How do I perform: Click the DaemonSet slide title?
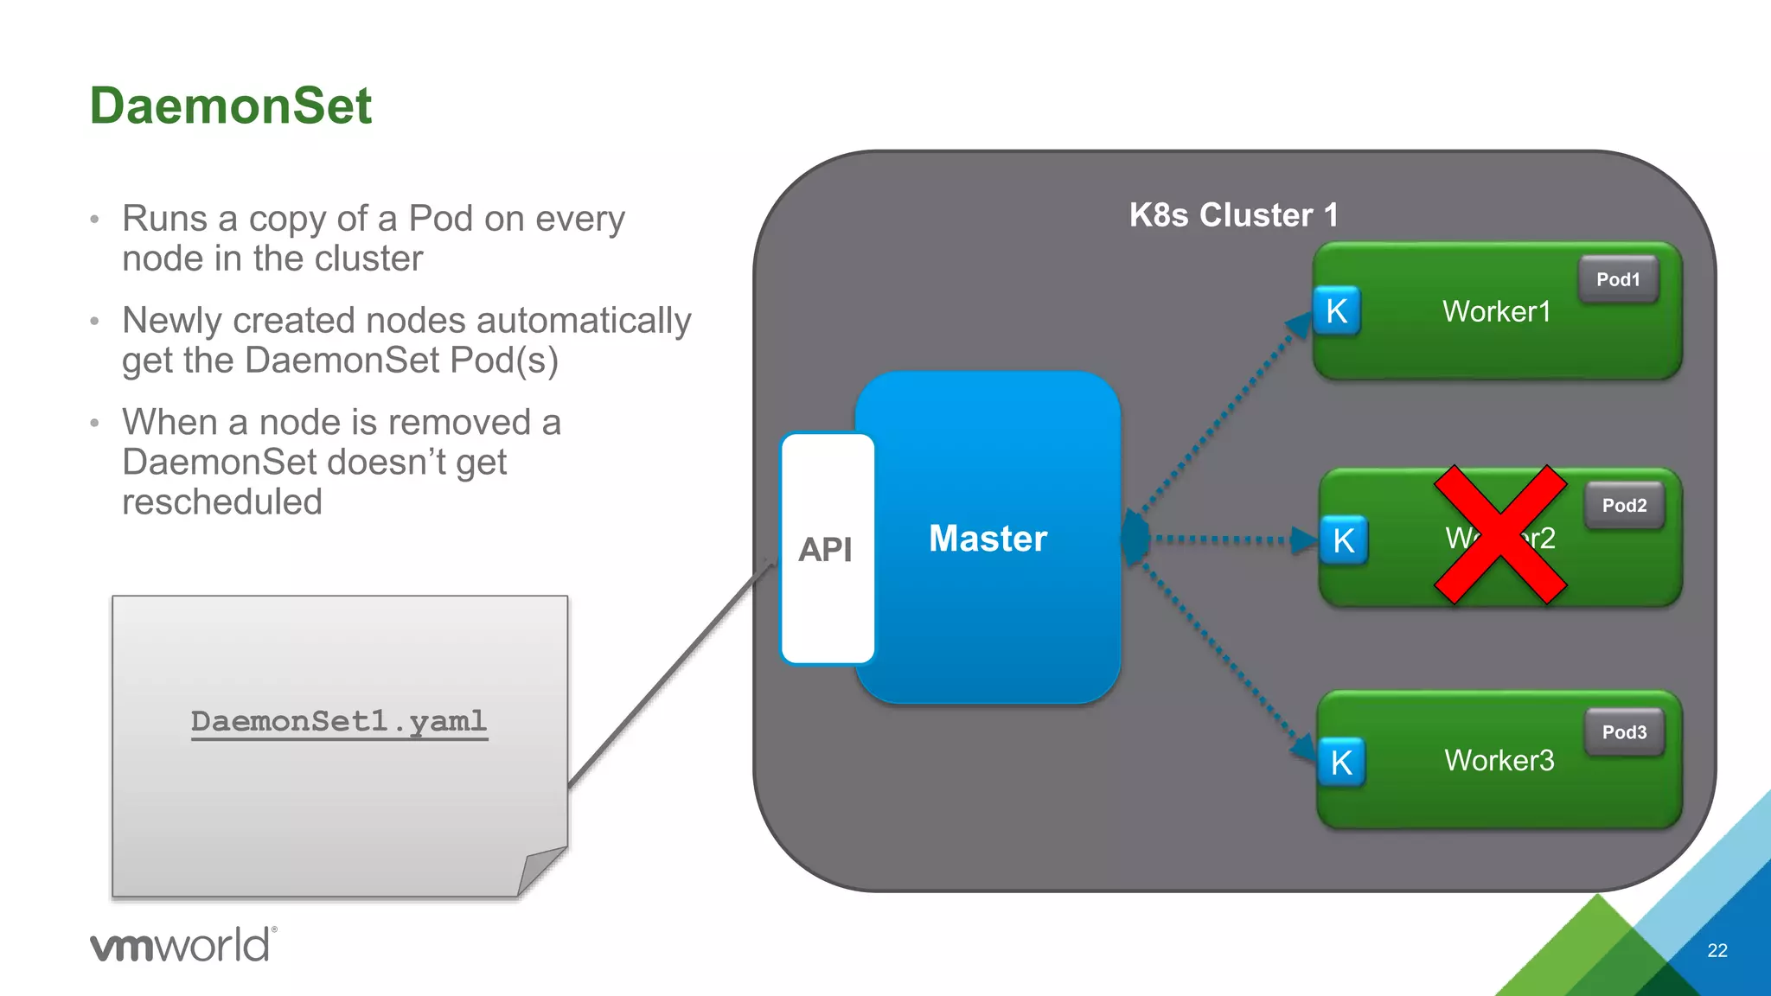(x=230, y=105)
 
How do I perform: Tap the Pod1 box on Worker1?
(x=1618, y=279)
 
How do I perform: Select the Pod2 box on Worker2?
(x=1624, y=506)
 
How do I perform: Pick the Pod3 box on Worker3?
(x=1624, y=732)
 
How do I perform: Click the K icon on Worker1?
(x=1336, y=311)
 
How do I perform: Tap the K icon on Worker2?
(x=1343, y=540)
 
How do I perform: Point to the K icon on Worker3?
(x=1341, y=763)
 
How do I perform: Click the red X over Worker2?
(x=1500, y=535)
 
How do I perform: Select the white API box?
(x=827, y=549)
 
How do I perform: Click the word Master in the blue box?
(x=988, y=539)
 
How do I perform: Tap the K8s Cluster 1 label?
(x=1233, y=215)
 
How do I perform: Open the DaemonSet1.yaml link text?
(x=339, y=721)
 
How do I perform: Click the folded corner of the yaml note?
(x=540, y=870)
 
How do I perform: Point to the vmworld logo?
(x=183, y=944)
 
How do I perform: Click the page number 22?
(x=1717, y=950)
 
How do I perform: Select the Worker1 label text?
(x=1496, y=311)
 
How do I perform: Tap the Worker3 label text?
(x=1499, y=760)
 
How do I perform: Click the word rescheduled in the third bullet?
(x=222, y=502)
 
